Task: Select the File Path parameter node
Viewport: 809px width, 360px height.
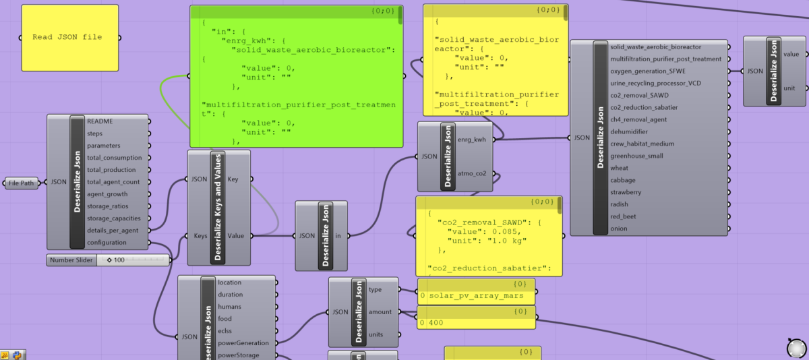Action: point(22,183)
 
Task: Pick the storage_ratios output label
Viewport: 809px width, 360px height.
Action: point(109,206)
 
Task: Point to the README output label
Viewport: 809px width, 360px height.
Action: point(100,121)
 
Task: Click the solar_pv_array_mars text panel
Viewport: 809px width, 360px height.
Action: point(477,296)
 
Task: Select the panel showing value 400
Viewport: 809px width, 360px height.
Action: point(477,323)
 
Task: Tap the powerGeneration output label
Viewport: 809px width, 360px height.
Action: point(243,343)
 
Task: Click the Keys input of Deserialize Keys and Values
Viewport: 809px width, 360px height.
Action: point(200,236)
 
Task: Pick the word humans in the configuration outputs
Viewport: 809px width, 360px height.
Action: point(229,307)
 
